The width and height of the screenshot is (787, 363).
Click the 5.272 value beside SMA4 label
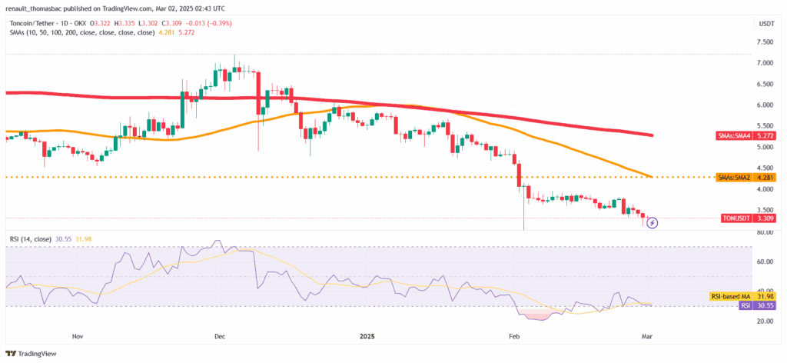click(764, 136)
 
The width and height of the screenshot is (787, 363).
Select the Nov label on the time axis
click(77, 336)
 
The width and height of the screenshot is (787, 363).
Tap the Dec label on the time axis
click(219, 336)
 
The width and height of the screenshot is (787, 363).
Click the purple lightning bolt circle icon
click(653, 223)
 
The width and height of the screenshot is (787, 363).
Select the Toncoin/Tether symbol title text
click(35, 23)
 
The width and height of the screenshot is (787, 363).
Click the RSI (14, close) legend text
click(32, 239)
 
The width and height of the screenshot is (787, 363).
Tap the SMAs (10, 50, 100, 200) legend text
click(77, 33)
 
